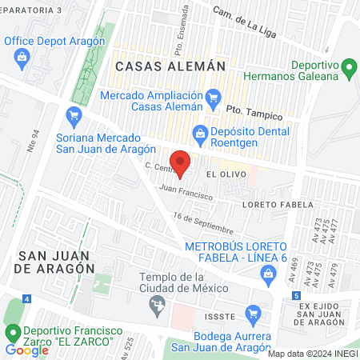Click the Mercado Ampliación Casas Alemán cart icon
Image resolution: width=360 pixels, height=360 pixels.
pyautogui.click(x=213, y=100)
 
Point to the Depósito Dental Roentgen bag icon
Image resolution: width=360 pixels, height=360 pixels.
pyautogui.click(x=198, y=134)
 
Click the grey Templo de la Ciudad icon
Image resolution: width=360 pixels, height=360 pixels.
pyautogui.click(x=158, y=304)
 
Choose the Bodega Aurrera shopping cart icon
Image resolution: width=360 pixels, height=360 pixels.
pyautogui.click(x=254, y=313)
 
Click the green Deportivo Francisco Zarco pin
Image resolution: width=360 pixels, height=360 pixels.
pyautogui.click(x=12, y=332)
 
